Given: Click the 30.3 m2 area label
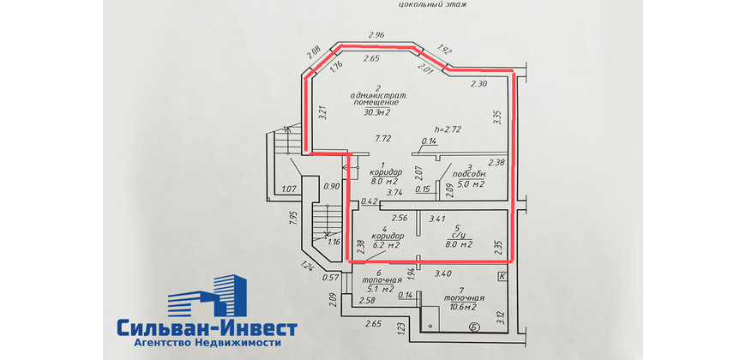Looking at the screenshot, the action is point(377,112).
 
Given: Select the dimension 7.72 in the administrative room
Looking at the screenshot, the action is point(383,139).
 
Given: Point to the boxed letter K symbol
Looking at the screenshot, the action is point(502,276).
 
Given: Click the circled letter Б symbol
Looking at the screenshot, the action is point(473,327).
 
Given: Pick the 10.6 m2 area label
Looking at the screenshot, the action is point(463,307).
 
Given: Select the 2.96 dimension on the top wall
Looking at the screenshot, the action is point(376,34).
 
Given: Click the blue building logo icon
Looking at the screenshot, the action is point(207,296).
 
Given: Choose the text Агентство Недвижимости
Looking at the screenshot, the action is point(208,342).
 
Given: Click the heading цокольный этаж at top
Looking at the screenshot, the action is point(433,4).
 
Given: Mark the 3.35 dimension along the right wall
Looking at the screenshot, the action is point(498,117).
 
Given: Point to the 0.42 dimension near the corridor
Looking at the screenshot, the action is point(370,201).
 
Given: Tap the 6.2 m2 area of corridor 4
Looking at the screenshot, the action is point(385,245).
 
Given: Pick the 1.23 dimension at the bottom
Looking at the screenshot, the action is point(400,329).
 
